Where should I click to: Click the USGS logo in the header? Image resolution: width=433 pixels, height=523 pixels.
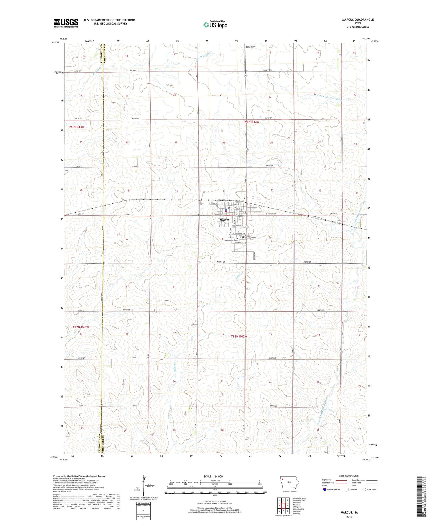tap(66, 23)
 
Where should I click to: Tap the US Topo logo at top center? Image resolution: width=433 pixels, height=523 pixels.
tap(215, 25)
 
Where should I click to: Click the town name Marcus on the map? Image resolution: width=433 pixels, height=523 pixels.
tap(224, 220)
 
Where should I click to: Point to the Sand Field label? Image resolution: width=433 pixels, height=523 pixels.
tap(251, 46)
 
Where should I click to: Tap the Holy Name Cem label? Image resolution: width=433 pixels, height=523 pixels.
tap(231, 240)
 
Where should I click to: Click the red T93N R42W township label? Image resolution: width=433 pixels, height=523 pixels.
tap(251, 122)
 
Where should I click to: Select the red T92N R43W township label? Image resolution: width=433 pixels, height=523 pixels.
tap(81, 327)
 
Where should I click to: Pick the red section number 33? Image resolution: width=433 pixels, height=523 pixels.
tap(224, 191)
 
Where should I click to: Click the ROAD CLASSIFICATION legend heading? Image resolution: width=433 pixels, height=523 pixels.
tap(349, 476)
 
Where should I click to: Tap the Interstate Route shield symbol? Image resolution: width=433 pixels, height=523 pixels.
tap(325, 489)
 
